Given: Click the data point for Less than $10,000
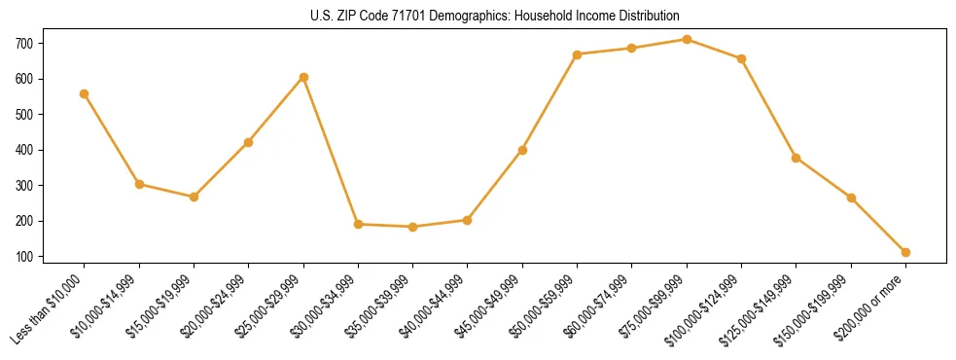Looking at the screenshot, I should tap(85, 93).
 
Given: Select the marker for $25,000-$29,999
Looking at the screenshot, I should tap(303, 77).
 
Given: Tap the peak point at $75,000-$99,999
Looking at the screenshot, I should tap(687, 39).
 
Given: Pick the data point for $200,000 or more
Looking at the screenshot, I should tap(905, 252).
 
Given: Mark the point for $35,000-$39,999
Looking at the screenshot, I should tap(413, 227).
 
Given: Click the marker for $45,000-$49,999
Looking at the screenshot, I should tap(522, 150).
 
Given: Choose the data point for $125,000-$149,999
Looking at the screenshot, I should tap(797, 158).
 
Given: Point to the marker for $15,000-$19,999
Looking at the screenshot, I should tap(194, 197).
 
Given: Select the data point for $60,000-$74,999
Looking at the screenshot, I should tap(632, 48).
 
